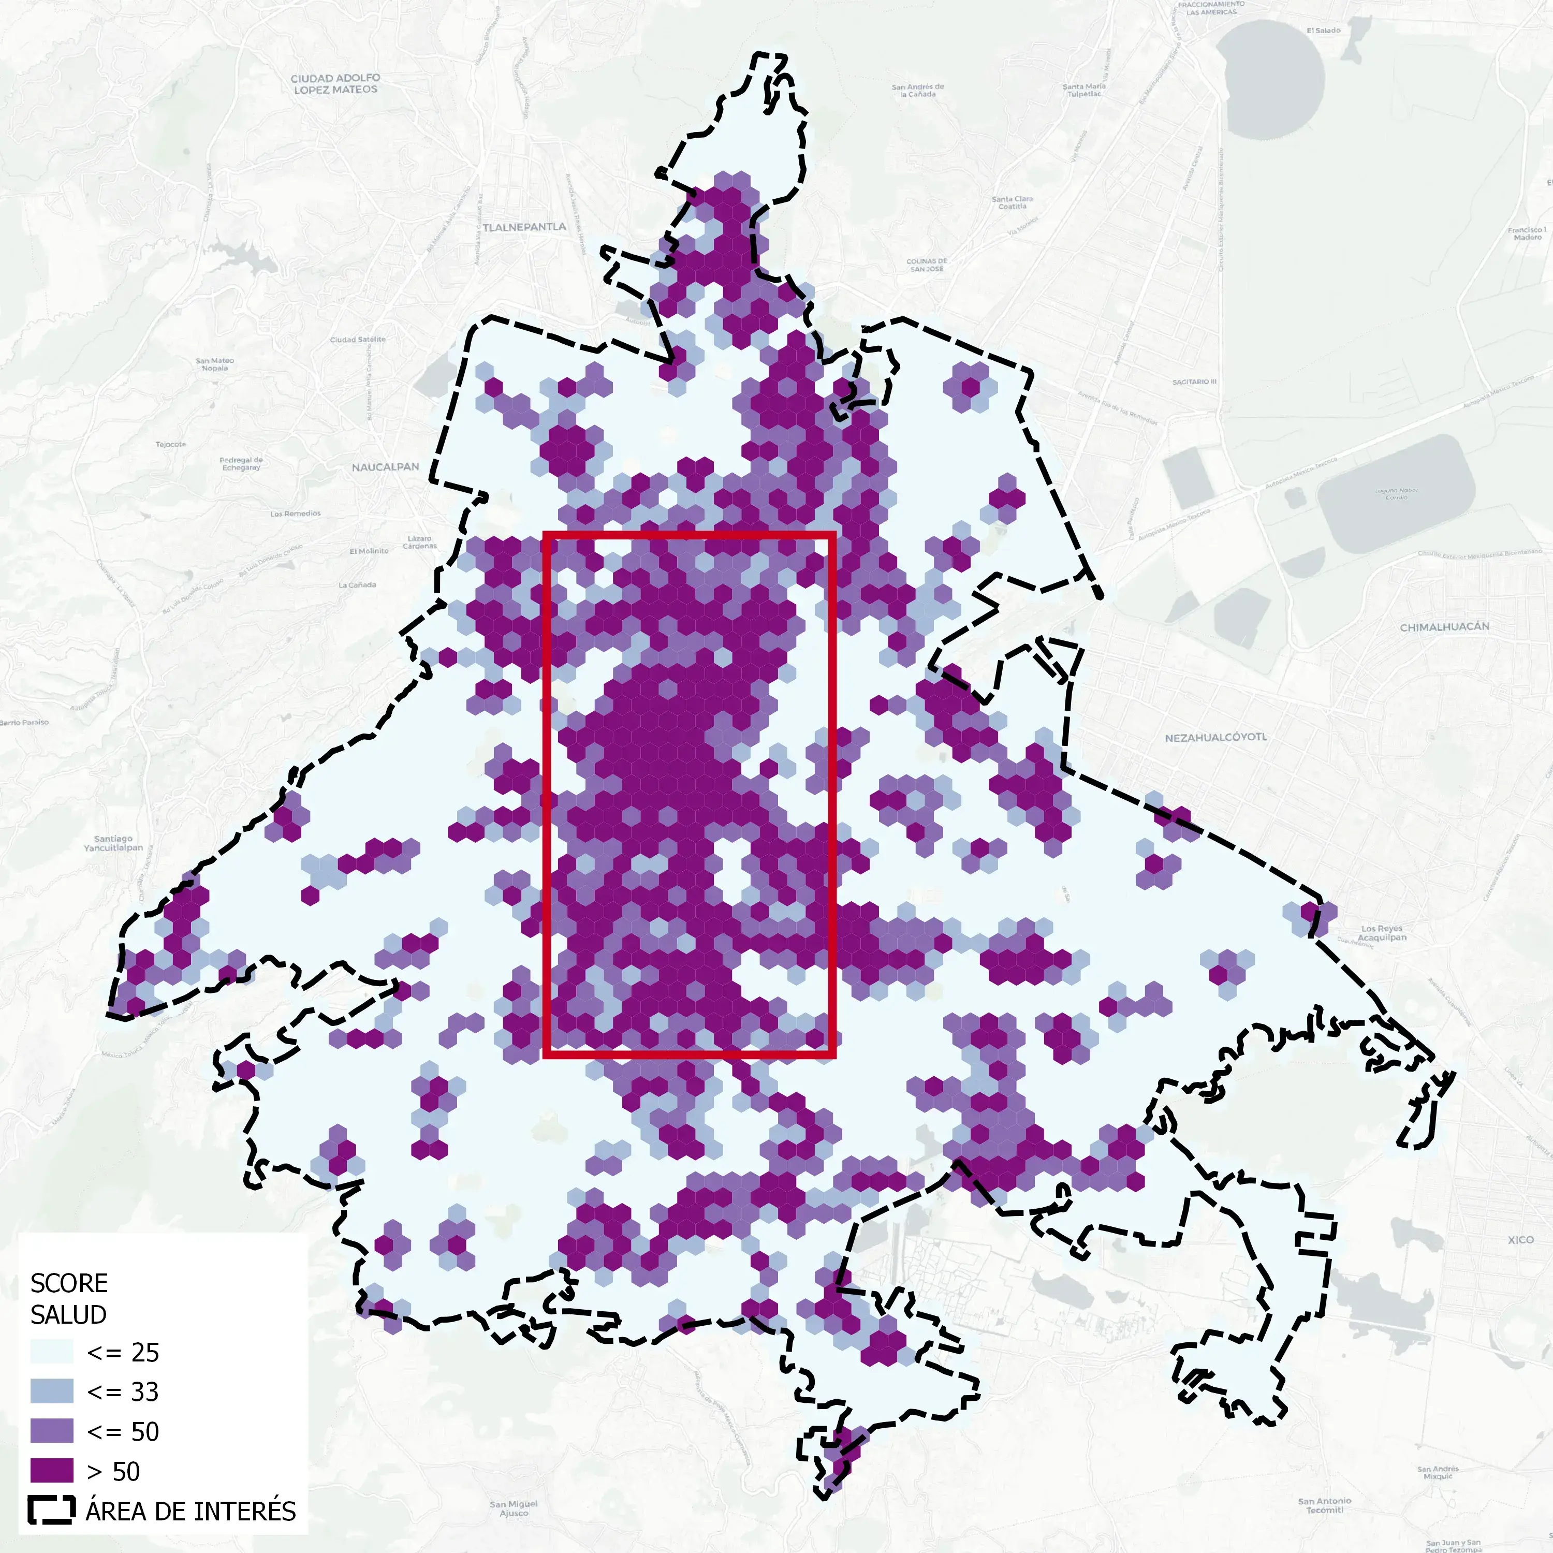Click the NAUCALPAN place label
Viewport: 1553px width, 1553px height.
click(x=385, y=467)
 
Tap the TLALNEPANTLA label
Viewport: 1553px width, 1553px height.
click(x=524, y=227)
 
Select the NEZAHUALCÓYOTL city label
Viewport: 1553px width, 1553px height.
click(x=1215, y=737)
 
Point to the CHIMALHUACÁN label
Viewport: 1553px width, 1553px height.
click(x=1444, y=627)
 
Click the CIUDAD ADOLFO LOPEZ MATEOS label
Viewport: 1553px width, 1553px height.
click(x=335, y=83)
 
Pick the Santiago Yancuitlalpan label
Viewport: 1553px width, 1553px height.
click(x=113, y=843)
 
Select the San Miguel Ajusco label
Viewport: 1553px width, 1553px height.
click(x=514, y=1508)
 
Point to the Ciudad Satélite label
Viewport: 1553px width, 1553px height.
click(x=358, y=339)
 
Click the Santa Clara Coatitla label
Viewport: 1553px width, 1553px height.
click(x=1012, y=202)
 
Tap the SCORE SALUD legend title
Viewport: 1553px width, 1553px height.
click(x=68, y=1298)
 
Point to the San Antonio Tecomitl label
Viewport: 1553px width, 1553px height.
click(x=1324, y=1505)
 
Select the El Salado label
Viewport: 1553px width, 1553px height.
click(x=1323, y=31)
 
